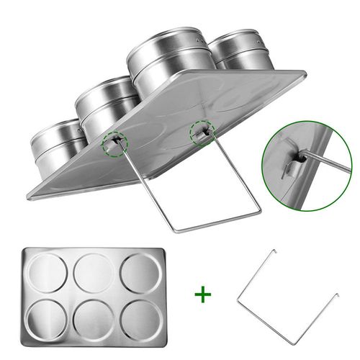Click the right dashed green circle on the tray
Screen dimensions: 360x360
tap(202, 132)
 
